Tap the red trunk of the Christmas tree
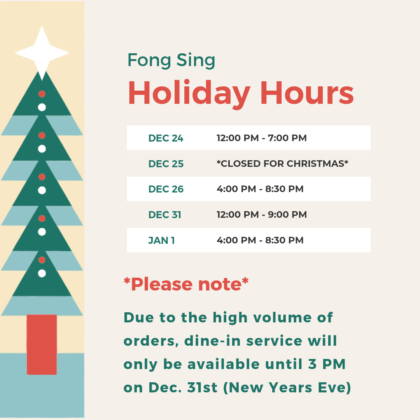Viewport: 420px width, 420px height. click(42, 345)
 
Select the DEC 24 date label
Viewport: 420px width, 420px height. click(166, 138)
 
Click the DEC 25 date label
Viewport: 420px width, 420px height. click(166, 164)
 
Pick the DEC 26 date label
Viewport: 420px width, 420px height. click(166, 189)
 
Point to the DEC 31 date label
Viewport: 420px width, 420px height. click(165, 215)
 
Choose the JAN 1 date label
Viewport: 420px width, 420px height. click(161, 241)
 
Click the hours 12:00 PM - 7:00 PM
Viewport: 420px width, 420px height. click(262, 138)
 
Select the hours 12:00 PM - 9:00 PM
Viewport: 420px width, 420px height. click(262, 215)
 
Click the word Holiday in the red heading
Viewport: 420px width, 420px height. click(189, 94)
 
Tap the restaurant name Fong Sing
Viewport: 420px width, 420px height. click(171, 61)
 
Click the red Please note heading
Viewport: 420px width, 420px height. click(186, 284)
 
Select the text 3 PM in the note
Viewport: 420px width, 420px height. click(327, 364)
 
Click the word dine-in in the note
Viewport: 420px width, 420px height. click(213, 341)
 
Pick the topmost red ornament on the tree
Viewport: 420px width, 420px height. click(42, 94)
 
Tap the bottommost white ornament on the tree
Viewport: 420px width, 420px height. click(42, 273)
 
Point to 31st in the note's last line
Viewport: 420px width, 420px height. click(202, 388)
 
